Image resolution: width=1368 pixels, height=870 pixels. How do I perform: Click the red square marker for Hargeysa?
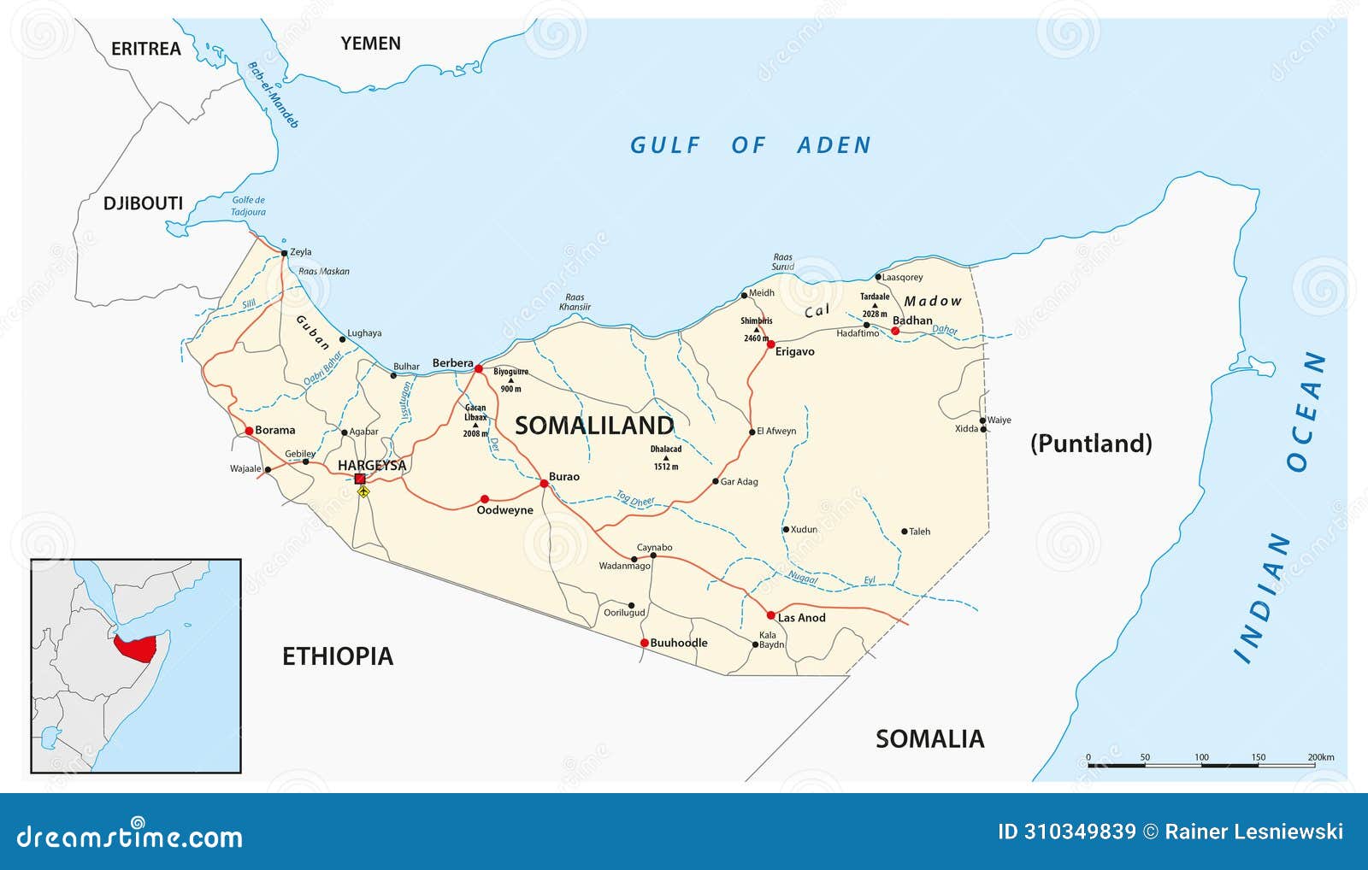coord(360,479)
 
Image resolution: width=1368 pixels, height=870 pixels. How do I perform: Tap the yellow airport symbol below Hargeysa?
coord(363,492)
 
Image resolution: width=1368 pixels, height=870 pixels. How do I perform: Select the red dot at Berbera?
coord(479,369)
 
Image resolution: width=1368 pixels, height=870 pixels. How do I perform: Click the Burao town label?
coord(564,477)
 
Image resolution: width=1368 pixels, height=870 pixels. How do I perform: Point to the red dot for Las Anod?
coord(770,615)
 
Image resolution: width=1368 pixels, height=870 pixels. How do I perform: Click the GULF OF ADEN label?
coord(750,145)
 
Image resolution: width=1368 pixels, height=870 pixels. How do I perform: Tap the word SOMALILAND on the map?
coord(594,425)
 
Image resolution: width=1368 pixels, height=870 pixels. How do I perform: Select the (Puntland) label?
coord(1091,443)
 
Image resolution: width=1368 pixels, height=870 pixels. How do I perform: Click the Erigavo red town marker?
coord(770,344)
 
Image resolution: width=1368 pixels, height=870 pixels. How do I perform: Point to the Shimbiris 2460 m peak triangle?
coord(756,330)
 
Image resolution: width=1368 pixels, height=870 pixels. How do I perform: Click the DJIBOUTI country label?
coord(143,203)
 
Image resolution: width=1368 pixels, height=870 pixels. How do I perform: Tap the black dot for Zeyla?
coord(285,253)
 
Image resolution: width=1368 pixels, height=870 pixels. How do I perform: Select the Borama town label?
coord(274,430)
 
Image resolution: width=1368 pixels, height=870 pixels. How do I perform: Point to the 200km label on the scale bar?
coord(1320,757)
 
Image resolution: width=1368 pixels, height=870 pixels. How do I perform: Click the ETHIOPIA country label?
coord(338,655)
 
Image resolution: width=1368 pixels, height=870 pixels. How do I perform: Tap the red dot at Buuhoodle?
coord(644,643)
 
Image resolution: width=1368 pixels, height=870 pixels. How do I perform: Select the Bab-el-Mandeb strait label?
coord(273,94)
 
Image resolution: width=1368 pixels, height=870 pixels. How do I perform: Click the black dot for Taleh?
coord(905,532)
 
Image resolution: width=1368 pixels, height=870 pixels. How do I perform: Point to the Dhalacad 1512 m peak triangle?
coord(666,458)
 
